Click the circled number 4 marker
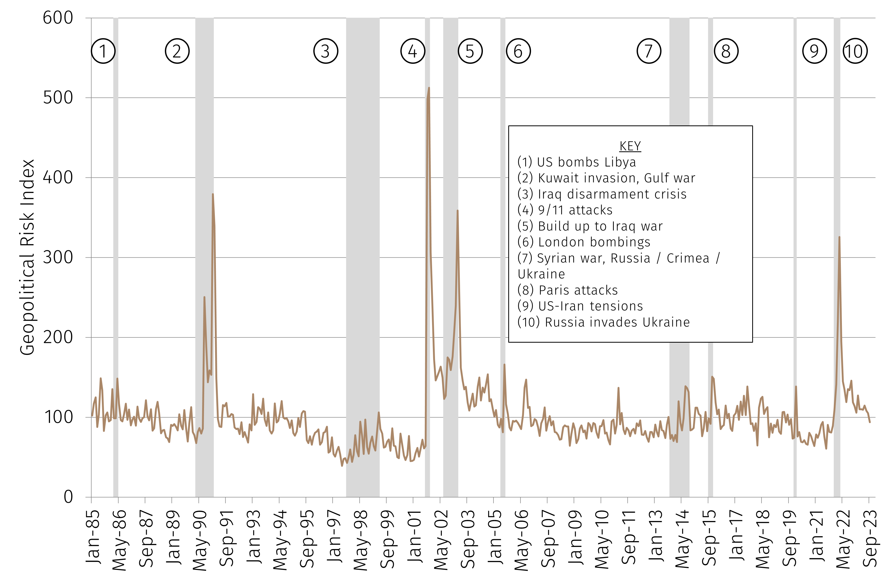[x=413, y=51]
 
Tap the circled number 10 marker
[x=855, y=51]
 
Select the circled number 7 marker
[x=649, y=51]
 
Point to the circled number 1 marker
[x=103, y=51]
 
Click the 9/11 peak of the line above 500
[x=429, y=88]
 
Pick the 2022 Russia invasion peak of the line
[x=839, y=237]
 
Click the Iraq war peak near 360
[x=457, y=211]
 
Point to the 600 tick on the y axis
[x=58, y=17]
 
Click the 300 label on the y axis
[x=58, y=257]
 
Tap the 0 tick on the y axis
[x=68, y=497]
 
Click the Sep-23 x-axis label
[x=870, y=538]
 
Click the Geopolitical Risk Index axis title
[x=27, y=257]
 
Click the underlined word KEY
[x=630, y=146]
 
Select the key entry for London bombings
[x=584, y=242]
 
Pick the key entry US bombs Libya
[x=577, y=162]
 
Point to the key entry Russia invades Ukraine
[x=604, y=322]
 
